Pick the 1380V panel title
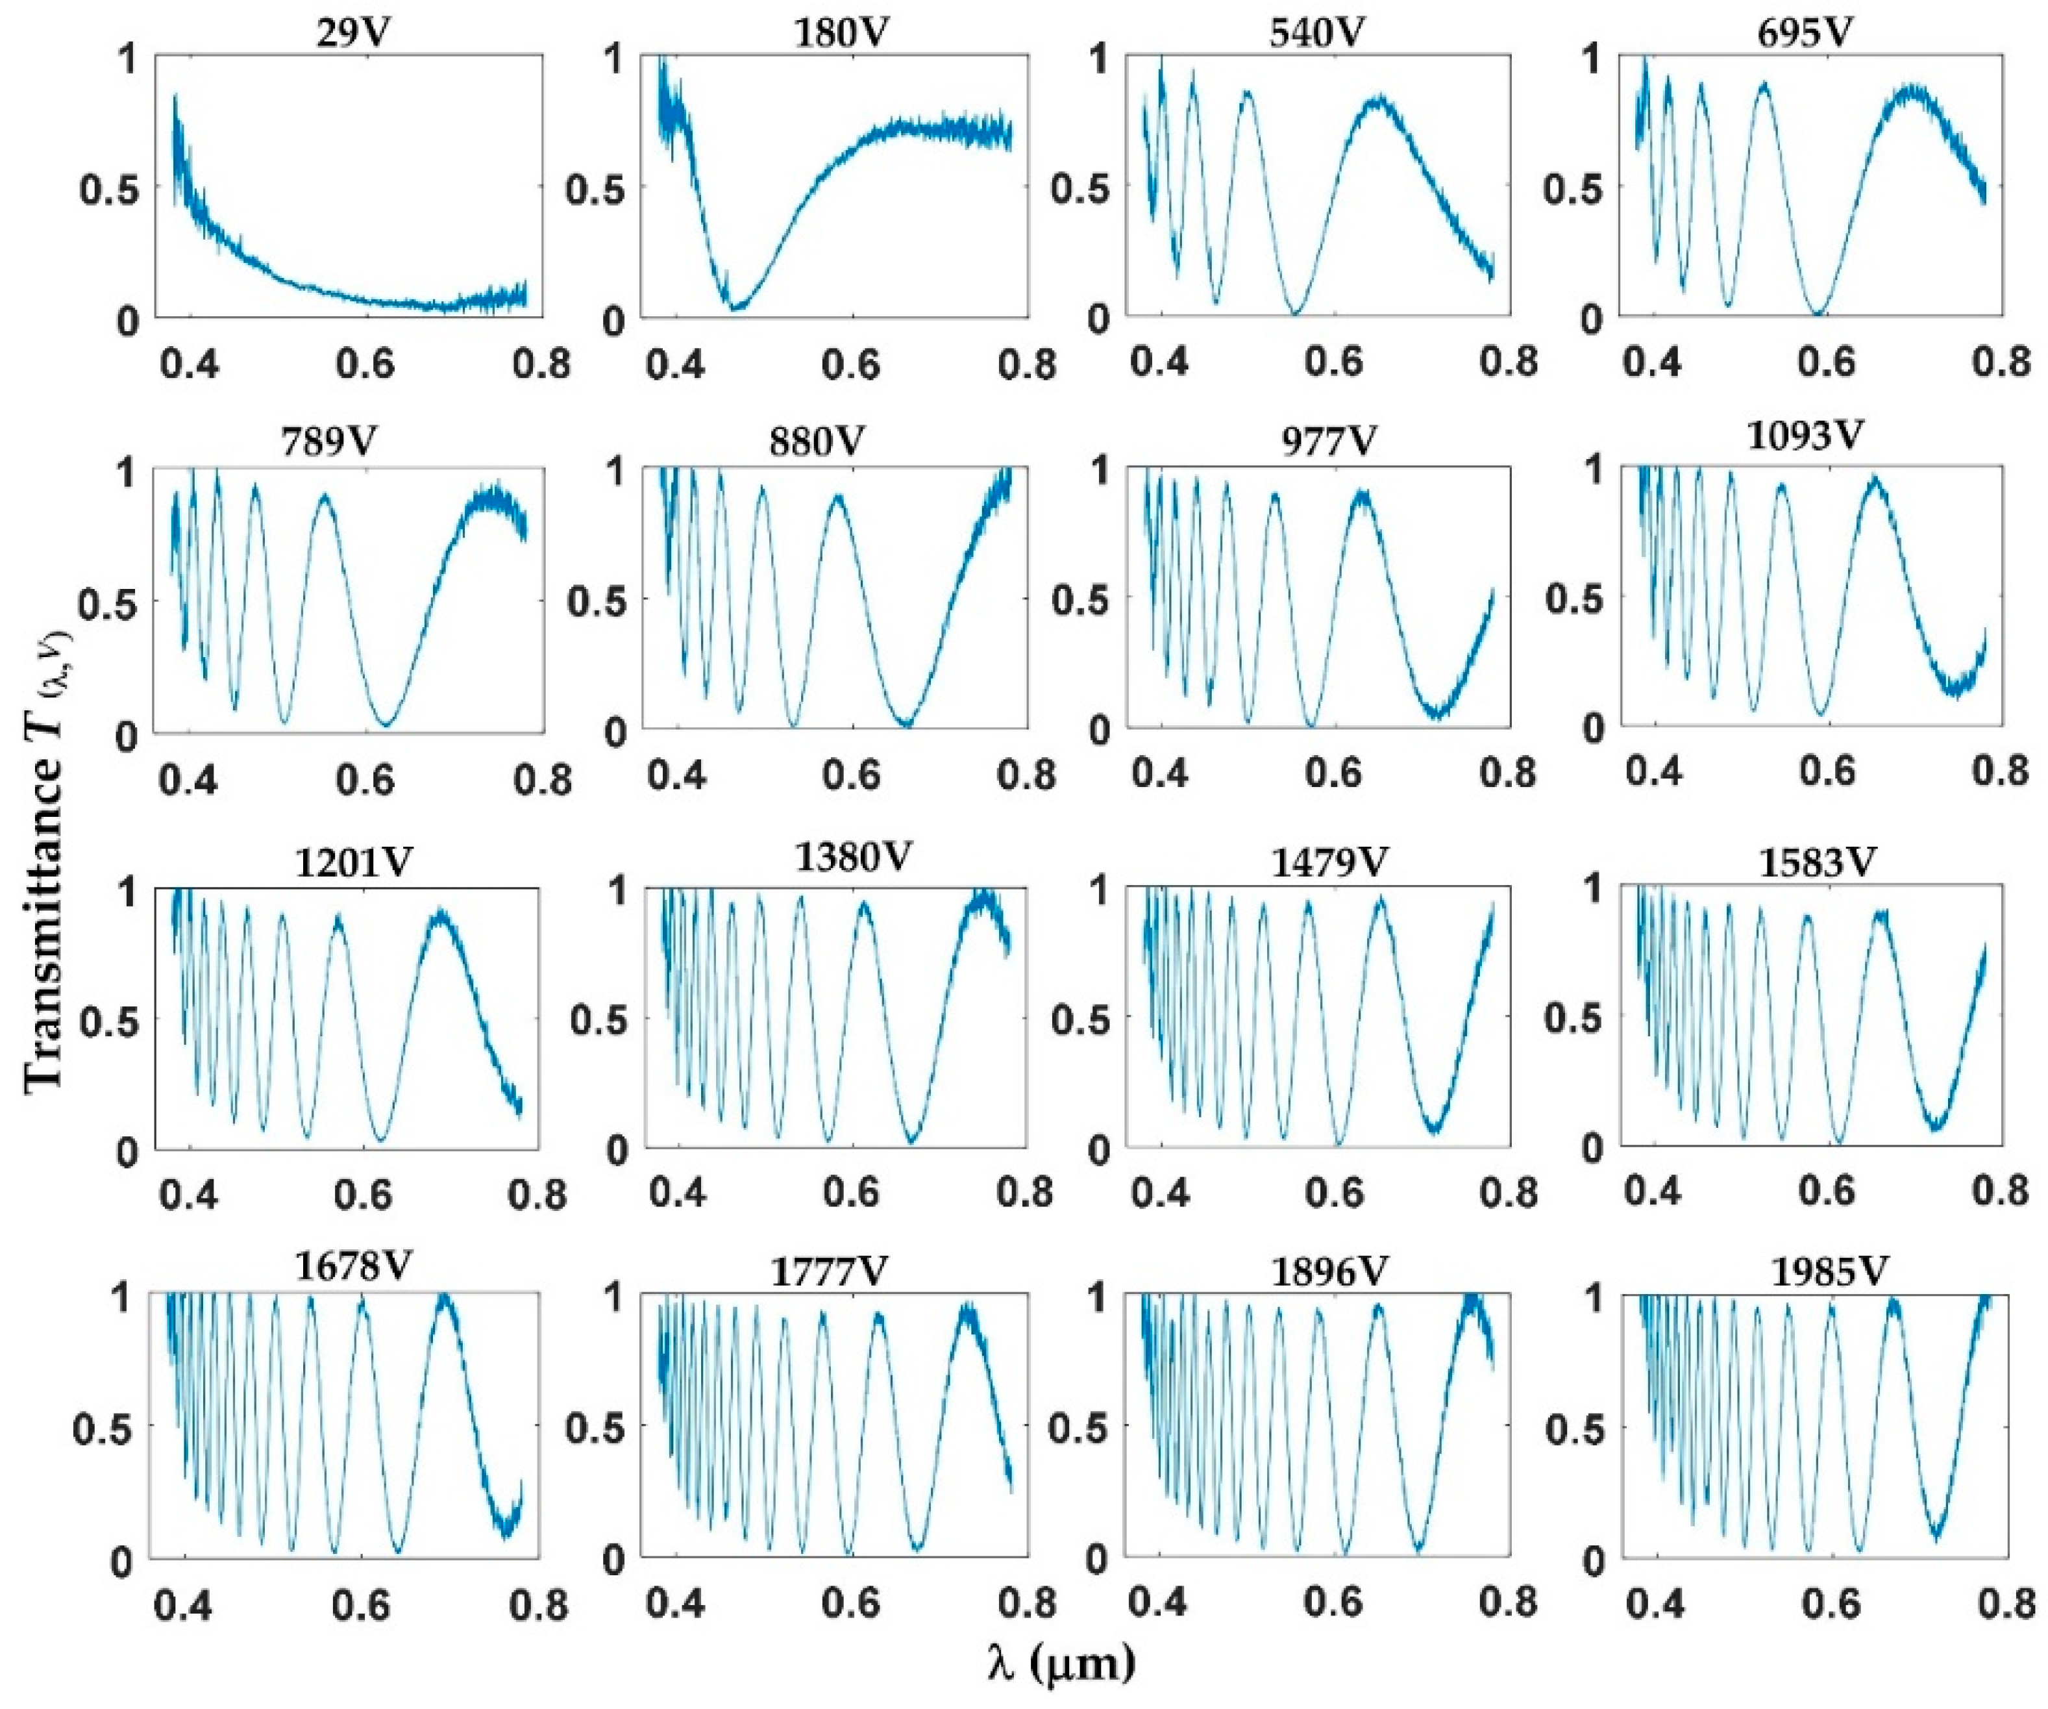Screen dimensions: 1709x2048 click(x=854, y=858)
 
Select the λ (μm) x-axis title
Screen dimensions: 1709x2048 click(x=1060, y=1663)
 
